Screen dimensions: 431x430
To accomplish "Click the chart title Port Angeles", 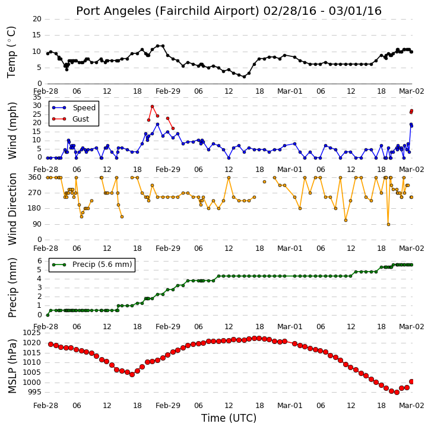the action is tap(113, 11).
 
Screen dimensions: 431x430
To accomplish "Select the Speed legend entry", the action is tap(74, 107).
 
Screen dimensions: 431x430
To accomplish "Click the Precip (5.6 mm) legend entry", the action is tap(92, 265).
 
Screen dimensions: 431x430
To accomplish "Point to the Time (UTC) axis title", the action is tap(229, 418).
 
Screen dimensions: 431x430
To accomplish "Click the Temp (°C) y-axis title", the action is tap(11, 52).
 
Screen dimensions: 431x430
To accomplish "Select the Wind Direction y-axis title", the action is tap(12, 209).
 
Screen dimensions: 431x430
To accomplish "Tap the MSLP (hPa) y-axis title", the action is tap(12, 366).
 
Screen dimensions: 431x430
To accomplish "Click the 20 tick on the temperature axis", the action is tap(37, 19).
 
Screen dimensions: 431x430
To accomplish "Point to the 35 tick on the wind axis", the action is tap(37, 97).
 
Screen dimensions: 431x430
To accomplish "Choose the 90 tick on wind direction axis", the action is tap(37, 224).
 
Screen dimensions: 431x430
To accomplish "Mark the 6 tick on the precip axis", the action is tap(40, 261).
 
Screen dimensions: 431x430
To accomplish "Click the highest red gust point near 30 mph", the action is tap(153, 106).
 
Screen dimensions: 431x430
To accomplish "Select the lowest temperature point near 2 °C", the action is tap(244, 77).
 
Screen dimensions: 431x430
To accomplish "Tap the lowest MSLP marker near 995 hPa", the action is tap(397, 393).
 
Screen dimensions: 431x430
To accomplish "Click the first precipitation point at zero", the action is tap(48, 315).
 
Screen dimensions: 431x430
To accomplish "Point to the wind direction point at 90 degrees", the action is tap(388, 224).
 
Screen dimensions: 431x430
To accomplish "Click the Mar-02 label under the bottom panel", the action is tap(411, 406).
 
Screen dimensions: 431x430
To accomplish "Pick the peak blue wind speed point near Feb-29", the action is tap(157, 125).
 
